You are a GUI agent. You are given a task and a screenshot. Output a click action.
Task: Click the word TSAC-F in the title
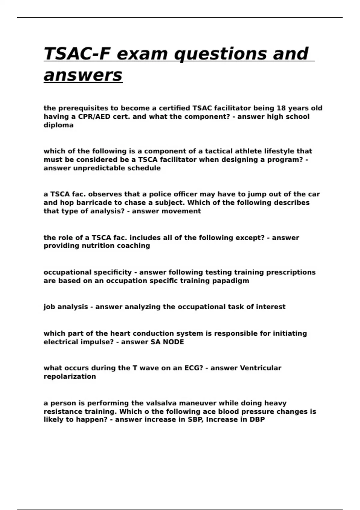(x=77, y=54)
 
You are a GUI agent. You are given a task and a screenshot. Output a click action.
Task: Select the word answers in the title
(x=83, y=75)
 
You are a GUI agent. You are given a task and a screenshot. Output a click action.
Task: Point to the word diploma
(x=58, y=125)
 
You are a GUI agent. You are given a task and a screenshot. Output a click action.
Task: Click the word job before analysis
(x=49, y=307)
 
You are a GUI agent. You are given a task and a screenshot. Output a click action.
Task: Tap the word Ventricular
(x=261, y=368)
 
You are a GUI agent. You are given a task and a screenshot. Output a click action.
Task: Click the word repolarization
(x=70, y=376)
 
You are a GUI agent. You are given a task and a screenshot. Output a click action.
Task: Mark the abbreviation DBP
(x=257, y=420)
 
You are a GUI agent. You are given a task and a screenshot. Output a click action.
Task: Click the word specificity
(x=112, y=272)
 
